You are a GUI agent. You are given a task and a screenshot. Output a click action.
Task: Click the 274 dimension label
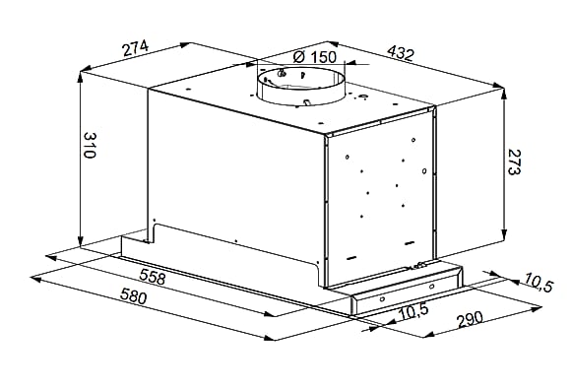(136, 48)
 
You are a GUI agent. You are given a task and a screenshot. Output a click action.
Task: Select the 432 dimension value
(401, 53)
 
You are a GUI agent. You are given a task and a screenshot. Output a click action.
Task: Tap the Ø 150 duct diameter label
(315, 57)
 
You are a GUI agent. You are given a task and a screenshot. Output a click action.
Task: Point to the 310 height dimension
(90, 145)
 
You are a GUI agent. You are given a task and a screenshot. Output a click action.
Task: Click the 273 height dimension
(514, 162)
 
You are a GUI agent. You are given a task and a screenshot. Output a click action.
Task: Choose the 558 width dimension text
(153, 276)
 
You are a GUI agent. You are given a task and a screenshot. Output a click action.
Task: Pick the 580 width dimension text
(134, 295)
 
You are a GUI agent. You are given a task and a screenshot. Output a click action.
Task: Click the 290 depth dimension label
(471, 319)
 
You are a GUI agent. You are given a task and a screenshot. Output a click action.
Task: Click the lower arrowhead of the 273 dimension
(504, 233)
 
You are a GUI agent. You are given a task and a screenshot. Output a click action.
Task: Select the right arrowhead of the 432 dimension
(498, 86)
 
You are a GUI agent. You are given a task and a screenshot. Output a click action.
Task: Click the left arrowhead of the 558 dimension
(51, 257)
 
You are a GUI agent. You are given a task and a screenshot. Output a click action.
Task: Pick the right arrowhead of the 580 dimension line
(269, 338)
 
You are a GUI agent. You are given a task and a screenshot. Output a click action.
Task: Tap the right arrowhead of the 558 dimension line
(269, 313)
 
